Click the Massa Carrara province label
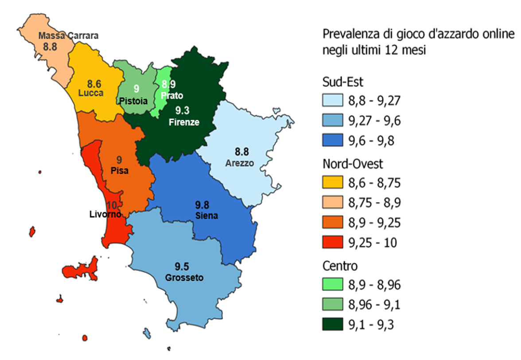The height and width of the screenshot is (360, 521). coord(68,35)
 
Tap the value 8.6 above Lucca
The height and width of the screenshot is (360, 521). coord(94,83)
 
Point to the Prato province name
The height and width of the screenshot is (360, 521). coord(172,95)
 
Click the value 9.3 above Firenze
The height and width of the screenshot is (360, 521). coord(181,110)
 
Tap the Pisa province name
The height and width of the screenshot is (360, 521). coord(119,170)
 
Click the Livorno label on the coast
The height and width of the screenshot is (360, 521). coord(103,215)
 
